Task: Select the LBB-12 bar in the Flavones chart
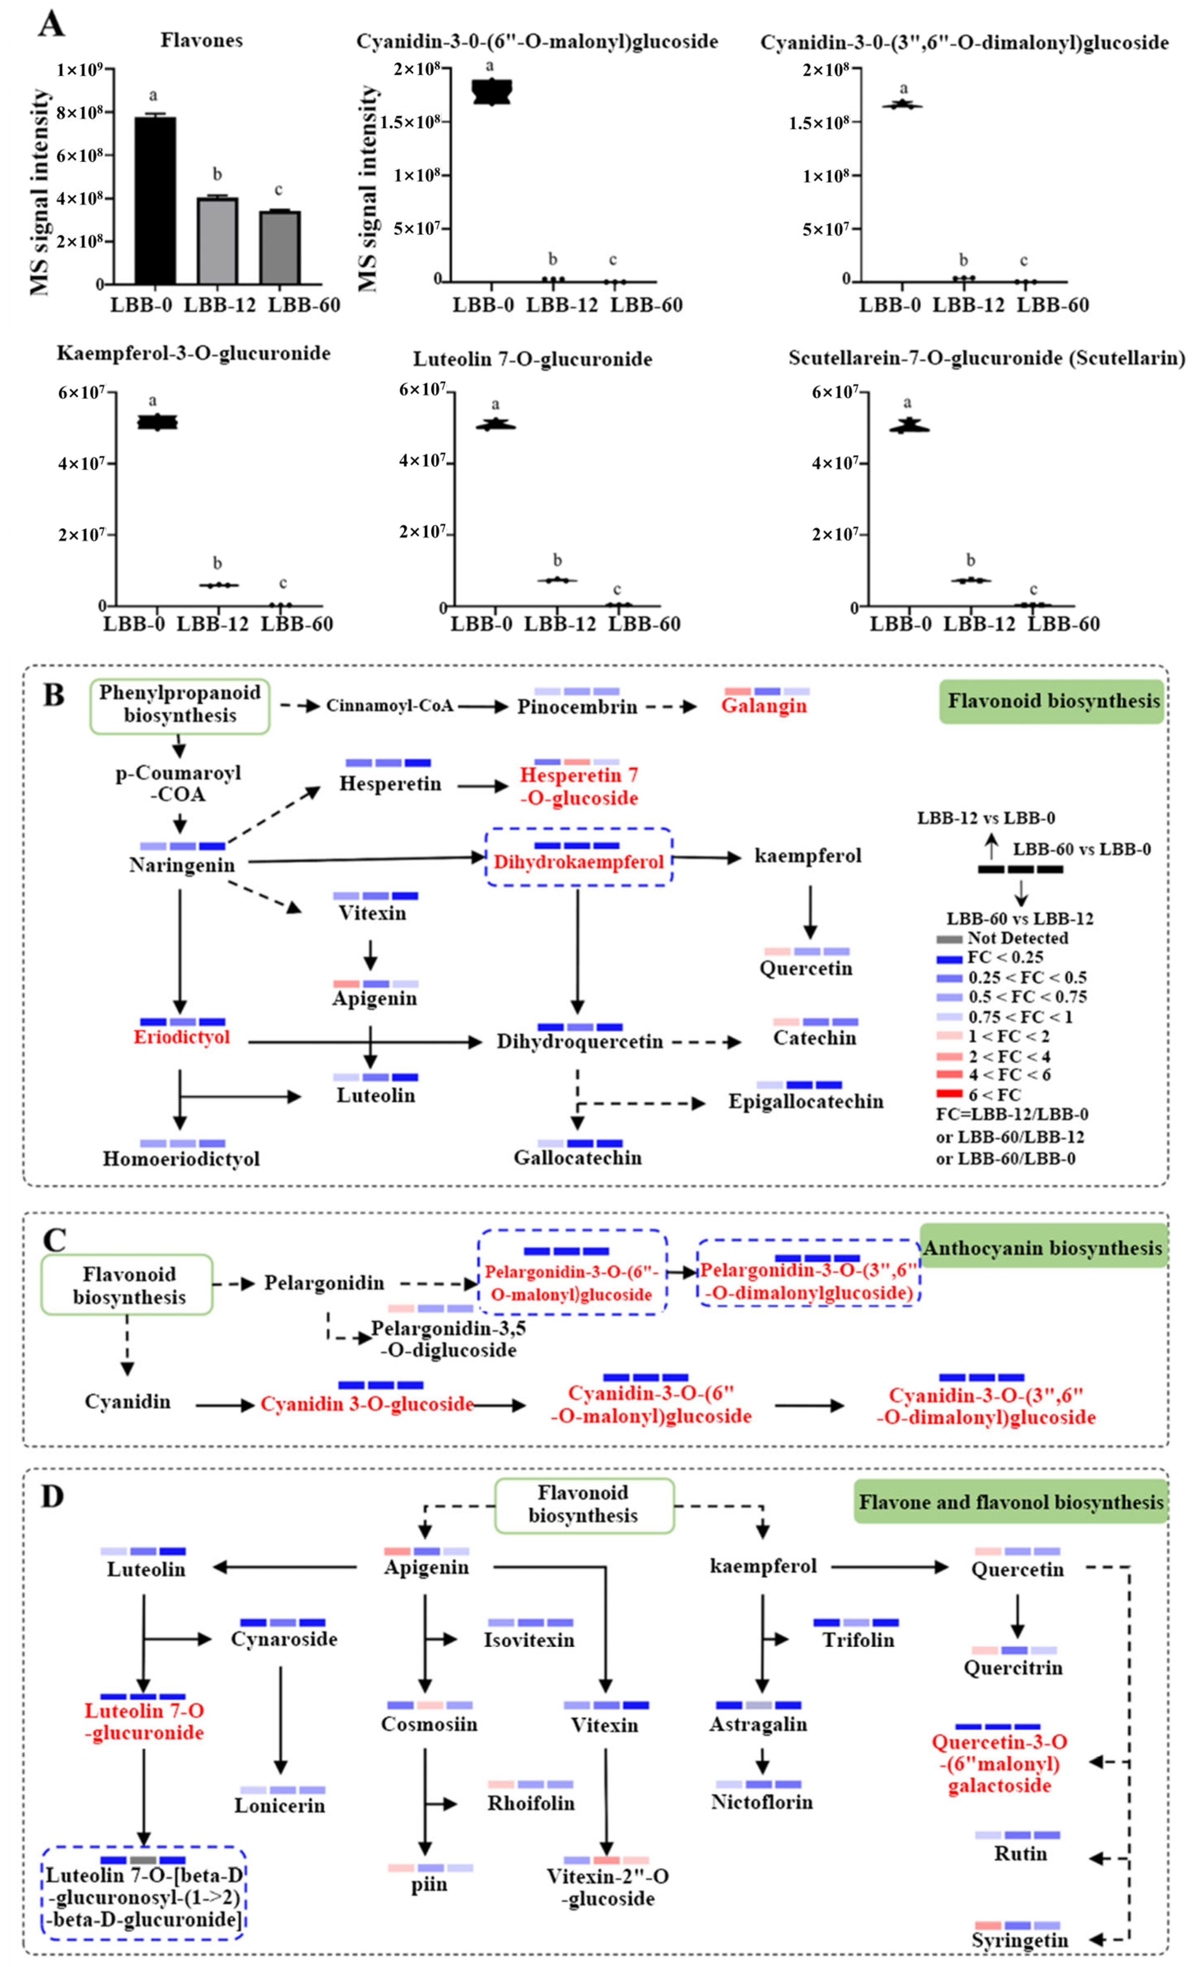[217, 240]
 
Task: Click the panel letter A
[51, 24]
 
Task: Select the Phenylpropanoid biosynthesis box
[180, 705]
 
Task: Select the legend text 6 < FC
[994, 1094]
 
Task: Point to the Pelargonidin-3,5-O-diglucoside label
[448, 1339]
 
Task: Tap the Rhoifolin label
[531, 1803]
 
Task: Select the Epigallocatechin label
[805, 1102]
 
